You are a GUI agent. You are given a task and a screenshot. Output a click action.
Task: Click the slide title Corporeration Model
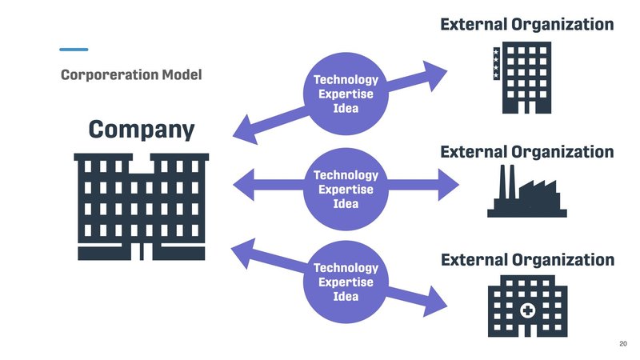[x=131, y=75]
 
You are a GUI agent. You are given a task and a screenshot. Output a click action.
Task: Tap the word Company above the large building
[x=142, y=130]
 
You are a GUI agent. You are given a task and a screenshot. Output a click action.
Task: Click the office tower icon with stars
[x=521, y=78]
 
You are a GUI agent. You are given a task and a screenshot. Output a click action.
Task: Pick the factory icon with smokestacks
[x=527, y=193]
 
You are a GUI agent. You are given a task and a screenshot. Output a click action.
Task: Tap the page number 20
[x=623, y=343]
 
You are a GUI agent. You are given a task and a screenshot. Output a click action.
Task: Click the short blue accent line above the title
[x=74, y=49]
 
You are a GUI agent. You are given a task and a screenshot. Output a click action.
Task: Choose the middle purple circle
[x=345, y=189]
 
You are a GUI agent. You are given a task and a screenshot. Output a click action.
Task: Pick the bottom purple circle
[x=345, y=282]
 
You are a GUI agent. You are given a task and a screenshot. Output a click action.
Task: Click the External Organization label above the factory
[x=527, y=151]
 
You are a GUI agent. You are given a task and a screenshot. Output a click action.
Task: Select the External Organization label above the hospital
[x=527, y=259]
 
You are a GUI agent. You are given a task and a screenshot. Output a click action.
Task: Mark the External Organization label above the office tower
[x=527, y=25]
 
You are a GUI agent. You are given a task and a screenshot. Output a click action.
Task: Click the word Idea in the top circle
[x=346, y=109]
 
